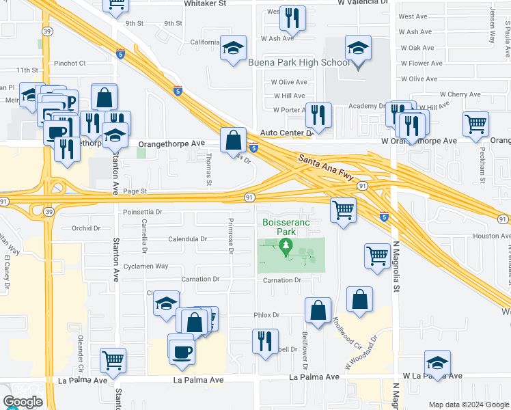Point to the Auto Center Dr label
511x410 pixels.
[x=286, y=133]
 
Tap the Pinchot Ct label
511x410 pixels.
[x=70, y=63]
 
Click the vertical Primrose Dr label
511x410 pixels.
[x=232, y=236]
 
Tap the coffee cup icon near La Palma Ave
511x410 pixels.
[x=182, y=351]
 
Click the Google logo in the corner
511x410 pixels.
[x=23, y=402]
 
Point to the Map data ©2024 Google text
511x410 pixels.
[x=468, y=405]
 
